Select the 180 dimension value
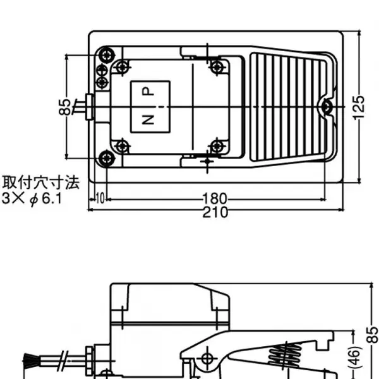click(215, 199)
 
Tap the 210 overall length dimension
click(215, 212)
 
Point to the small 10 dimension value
click(100, 198)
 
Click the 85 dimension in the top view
click(65, 107)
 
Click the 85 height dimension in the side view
click(373, 335)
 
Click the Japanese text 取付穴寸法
click(41, 183)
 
